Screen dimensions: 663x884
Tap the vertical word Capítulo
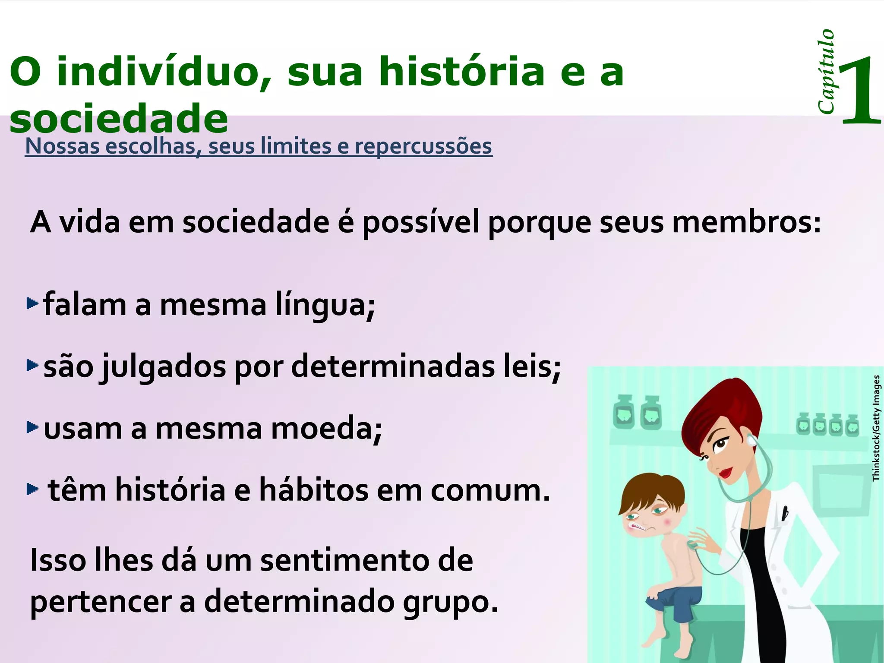(826, 72)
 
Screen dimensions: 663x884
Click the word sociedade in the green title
(118, 119)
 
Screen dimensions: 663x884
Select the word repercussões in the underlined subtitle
(423, 146)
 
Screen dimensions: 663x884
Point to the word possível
(421, 223)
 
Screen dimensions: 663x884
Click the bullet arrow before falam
(32, 304)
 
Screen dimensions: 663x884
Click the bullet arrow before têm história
(32, 489)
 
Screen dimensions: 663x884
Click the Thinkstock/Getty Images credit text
(876, 428)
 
